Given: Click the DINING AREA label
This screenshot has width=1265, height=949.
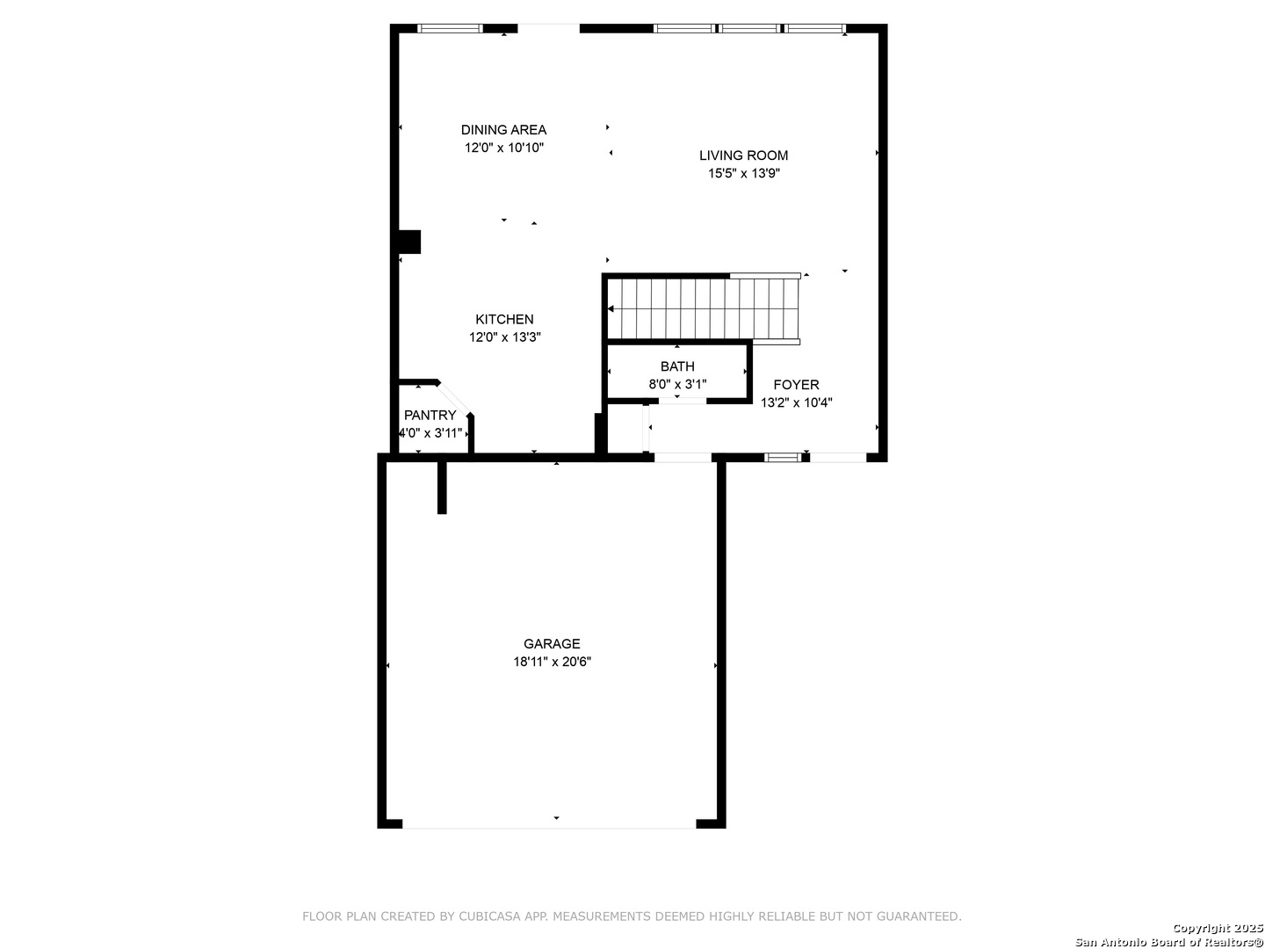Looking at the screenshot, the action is (503, 130).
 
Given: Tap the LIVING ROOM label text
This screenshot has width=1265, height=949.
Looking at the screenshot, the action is (743, 155).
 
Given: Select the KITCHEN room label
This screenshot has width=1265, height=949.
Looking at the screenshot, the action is (503, 319).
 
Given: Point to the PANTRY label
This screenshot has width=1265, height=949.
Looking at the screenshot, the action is (430, 415).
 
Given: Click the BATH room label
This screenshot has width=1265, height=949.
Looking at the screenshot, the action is (676, 366).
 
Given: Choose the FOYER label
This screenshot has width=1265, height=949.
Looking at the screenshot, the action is (795, 384).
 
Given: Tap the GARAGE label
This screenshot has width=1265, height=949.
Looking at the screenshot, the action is (551, 643).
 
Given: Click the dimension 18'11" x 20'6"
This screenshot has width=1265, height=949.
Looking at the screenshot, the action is (552, 661).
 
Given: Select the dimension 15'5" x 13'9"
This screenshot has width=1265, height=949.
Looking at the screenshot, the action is (743, 173).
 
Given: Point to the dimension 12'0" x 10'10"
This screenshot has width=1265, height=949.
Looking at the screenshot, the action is (503, 148).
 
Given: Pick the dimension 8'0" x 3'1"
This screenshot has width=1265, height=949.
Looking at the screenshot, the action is (677, 384).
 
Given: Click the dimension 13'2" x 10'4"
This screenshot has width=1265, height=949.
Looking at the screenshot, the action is (796, 402).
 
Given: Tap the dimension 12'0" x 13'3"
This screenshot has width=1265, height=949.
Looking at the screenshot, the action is (504, 337).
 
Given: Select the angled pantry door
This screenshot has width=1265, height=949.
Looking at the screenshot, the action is (454, 398).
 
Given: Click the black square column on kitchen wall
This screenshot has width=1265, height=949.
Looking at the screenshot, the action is (409, 242).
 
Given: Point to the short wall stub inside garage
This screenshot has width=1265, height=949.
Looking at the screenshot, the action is (442, 487).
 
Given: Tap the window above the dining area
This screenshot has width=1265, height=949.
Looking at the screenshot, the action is (450, 28).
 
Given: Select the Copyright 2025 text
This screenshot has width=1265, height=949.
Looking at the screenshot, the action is (1218, 928).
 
